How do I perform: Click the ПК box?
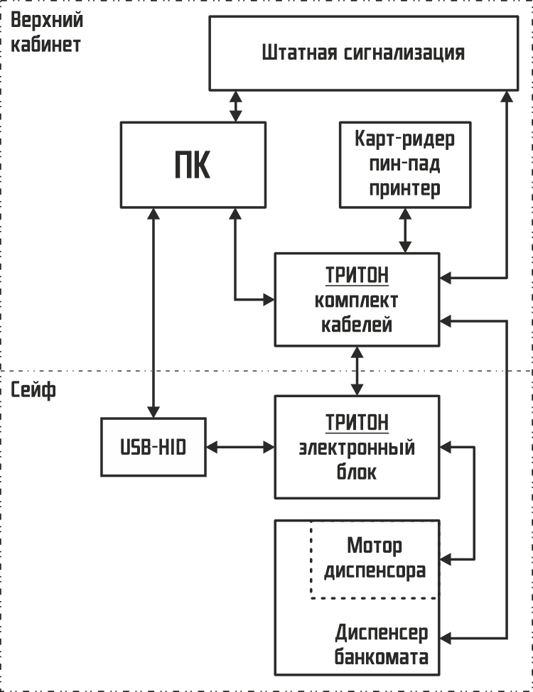[x=193, y=165]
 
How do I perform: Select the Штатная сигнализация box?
[x=362, y=53]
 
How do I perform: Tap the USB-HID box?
[x=153, y=447]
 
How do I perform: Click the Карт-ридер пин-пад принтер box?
[x=405, y=164]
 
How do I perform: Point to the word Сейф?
[x=33, y=390]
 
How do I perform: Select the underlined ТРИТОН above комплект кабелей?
[x=357, y=275]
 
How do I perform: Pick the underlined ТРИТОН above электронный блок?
[x=357, y=423]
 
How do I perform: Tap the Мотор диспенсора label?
[x=375, y=558]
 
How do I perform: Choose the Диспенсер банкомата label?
[x=382, y=644]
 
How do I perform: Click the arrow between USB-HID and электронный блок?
[x=240, y=447]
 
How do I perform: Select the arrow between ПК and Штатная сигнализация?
[x=235, y=105]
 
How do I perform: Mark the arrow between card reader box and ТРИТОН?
[x=405, y=229]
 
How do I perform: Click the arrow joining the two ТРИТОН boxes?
[x=357, y=371]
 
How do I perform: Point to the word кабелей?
[x=357, y=325]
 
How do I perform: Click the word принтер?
[x=405, y=188]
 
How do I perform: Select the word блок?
[x=357, y=472]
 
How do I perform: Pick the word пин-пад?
[x=405, y=164]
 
